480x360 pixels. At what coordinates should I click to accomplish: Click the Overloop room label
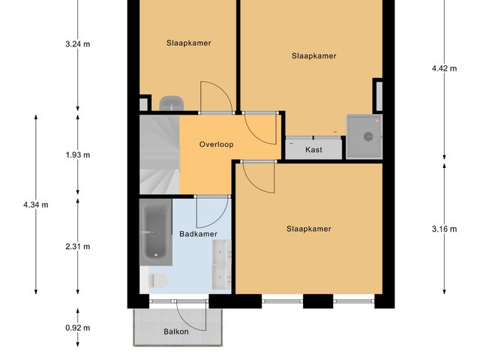tap(217, 144)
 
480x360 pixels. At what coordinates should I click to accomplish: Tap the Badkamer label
tap(198, 234)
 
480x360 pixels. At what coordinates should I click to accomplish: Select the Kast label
tap(313, 150)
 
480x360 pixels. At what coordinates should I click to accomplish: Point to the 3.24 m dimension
tap(78, 43)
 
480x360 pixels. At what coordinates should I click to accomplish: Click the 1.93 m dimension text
tap(78, 155)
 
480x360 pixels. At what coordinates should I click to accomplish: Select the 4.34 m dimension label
tap(36, 205)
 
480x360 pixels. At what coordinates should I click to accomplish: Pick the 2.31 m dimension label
tap(78, 247)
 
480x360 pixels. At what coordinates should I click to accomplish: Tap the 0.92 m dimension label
tap(78, 328)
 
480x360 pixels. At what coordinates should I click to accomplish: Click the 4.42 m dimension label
tap(444, 68)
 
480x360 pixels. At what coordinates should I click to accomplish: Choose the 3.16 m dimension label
tap(444, 229)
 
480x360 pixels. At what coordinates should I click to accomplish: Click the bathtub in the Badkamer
tap(155, 232)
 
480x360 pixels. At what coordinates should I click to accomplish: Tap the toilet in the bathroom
tap(157, 281)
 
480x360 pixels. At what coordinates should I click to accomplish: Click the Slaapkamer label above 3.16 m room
tap(308, 229)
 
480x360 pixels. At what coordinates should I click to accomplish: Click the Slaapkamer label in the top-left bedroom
tap(188, 43)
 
